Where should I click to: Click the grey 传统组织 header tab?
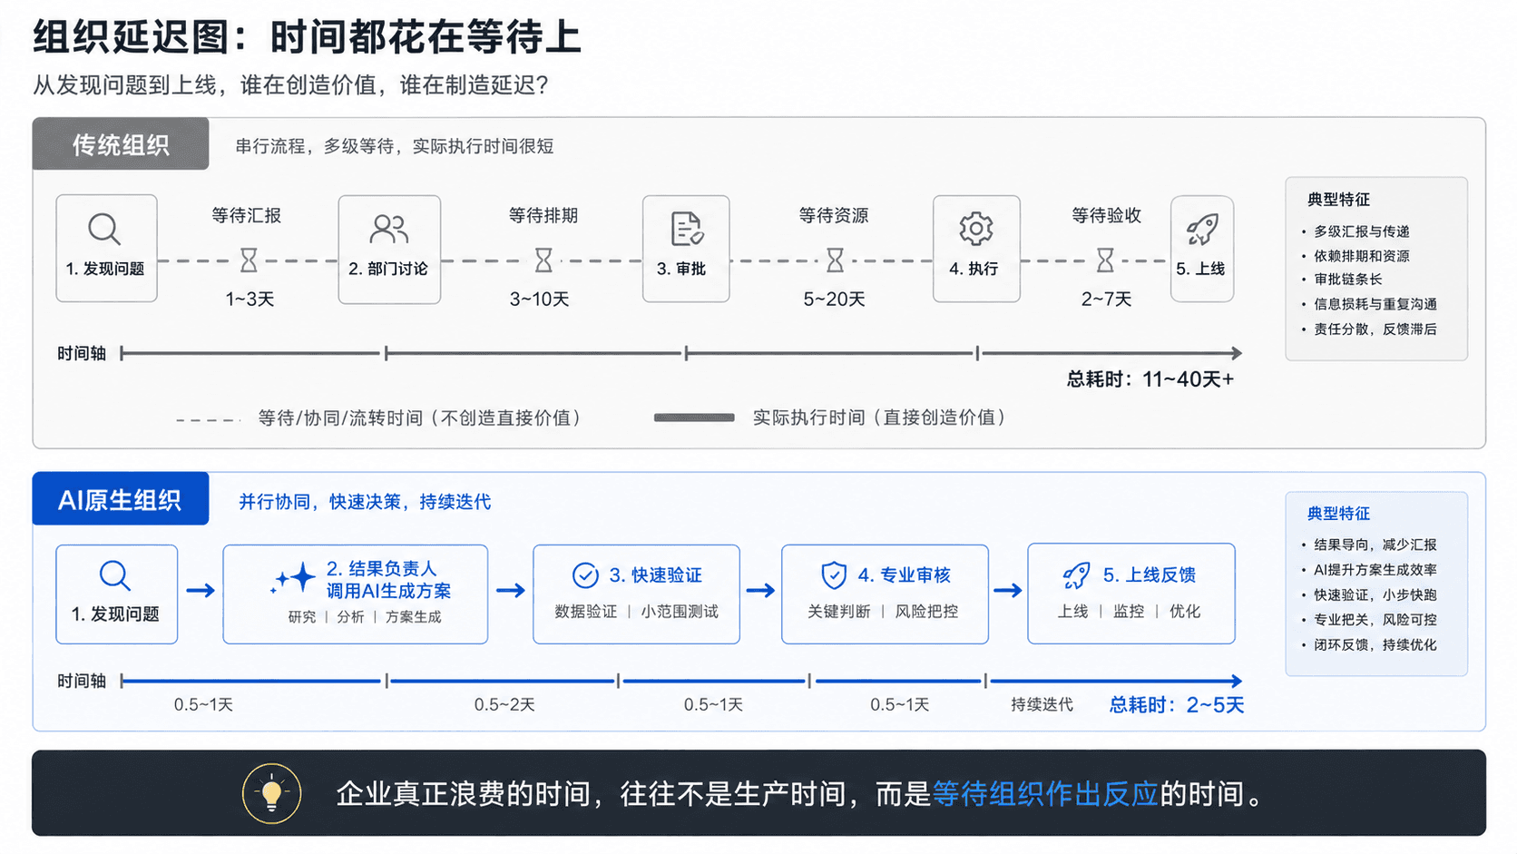[121, 143]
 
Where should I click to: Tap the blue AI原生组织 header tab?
[121, 499]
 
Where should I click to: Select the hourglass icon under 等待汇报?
[249, 260]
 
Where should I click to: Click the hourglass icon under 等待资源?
[835, 260]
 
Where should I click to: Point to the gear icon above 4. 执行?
[976, 228]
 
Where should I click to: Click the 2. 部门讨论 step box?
[389, 250]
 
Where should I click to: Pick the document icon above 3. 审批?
[686, 228]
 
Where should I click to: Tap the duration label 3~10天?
[539, 299]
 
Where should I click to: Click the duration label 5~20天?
[835, 299]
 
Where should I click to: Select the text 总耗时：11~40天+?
[1150, 379]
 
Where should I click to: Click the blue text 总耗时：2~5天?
[1177, 705]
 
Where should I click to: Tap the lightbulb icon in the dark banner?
[272, 793]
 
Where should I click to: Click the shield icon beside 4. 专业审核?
[834, 575]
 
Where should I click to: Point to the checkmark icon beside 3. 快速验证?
[585, 575]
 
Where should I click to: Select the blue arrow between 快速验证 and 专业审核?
[760, 591]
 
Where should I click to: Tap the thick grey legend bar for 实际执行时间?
[694, 417]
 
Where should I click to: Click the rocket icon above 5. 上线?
[1202, 228]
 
